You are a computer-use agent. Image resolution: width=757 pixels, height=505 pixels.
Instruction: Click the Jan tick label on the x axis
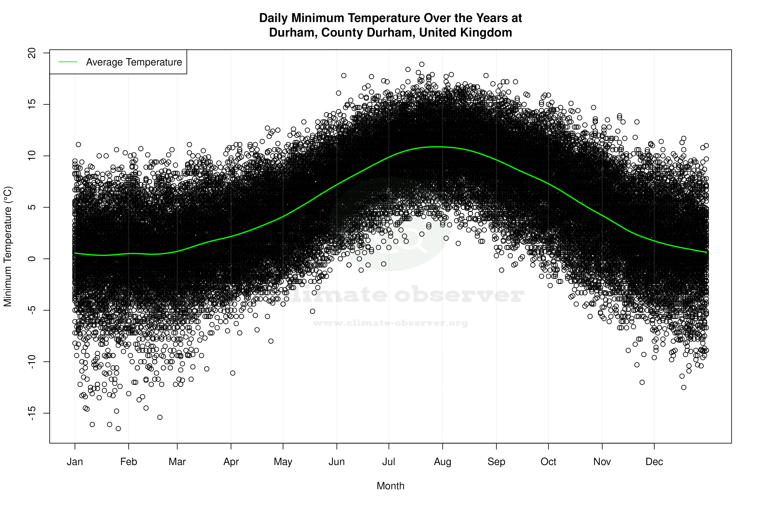(x=75, y=462)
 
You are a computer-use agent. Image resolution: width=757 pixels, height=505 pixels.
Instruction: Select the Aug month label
(x=442, y=462)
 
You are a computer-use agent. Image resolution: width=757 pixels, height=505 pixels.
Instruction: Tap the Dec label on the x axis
(x=654, y=462)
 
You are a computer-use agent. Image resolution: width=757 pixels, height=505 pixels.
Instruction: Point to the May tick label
(x=283, y=462)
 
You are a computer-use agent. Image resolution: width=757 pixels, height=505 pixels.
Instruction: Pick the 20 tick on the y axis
(x=32, y=53)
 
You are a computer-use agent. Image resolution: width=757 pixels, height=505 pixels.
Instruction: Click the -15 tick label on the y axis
(x=32, y=413)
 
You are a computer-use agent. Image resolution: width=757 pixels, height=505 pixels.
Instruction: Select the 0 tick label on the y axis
(x=32, y=259)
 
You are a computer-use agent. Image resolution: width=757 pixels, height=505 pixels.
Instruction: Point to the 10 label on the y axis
(x=32, y=156)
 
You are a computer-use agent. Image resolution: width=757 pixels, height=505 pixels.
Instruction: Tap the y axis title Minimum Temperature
(x=8, y=246)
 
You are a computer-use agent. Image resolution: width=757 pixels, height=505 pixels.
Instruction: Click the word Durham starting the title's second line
(x=293, y=33)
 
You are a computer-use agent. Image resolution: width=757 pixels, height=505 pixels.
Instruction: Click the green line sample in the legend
(x=68, y=62)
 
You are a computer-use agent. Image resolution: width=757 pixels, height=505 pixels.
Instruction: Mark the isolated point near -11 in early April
(x=233, y=373)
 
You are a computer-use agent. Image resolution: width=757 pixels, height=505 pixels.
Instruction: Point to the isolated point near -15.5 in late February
(x=160, y=417)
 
